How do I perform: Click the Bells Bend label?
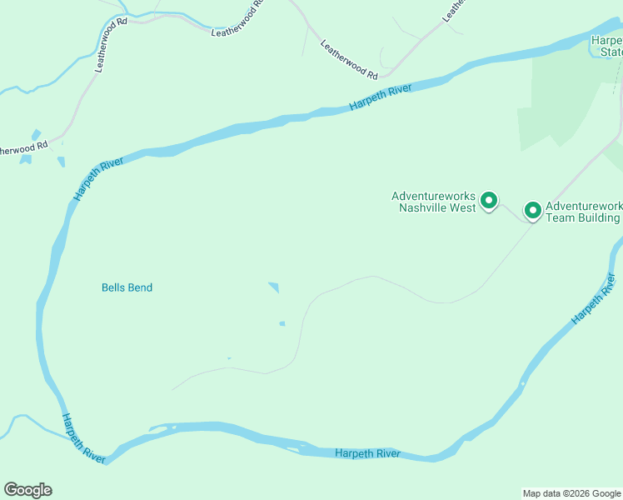click(127, 287)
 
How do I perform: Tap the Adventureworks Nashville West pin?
click(490, 200)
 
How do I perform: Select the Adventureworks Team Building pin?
click(532, 209)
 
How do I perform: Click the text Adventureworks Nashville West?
click(434, 202)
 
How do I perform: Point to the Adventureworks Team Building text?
click(583, 212)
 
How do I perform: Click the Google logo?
click(27, 490)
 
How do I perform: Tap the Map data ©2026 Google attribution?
click(571, 493)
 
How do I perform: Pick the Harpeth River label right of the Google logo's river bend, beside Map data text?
click(367, 453)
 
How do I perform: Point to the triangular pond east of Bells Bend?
click(274, 287)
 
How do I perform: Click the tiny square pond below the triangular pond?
click(282, 323)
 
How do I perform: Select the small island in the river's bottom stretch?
click(162, 429)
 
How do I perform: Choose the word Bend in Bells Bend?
click(140, 287)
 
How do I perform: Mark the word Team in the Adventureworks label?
click(560, 217)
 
